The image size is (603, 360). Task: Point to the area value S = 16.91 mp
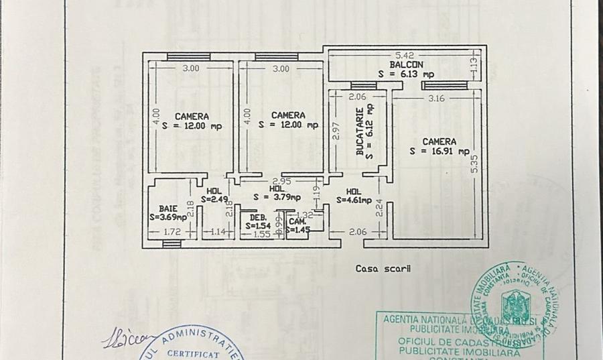pos(440,152)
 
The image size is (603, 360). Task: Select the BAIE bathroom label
pos(167,208)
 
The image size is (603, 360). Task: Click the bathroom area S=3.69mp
pos(167,217)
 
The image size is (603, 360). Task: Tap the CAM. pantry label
pos(297,221)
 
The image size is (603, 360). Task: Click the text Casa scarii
pos(383,269)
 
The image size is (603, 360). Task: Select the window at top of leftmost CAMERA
pos(184,56)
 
